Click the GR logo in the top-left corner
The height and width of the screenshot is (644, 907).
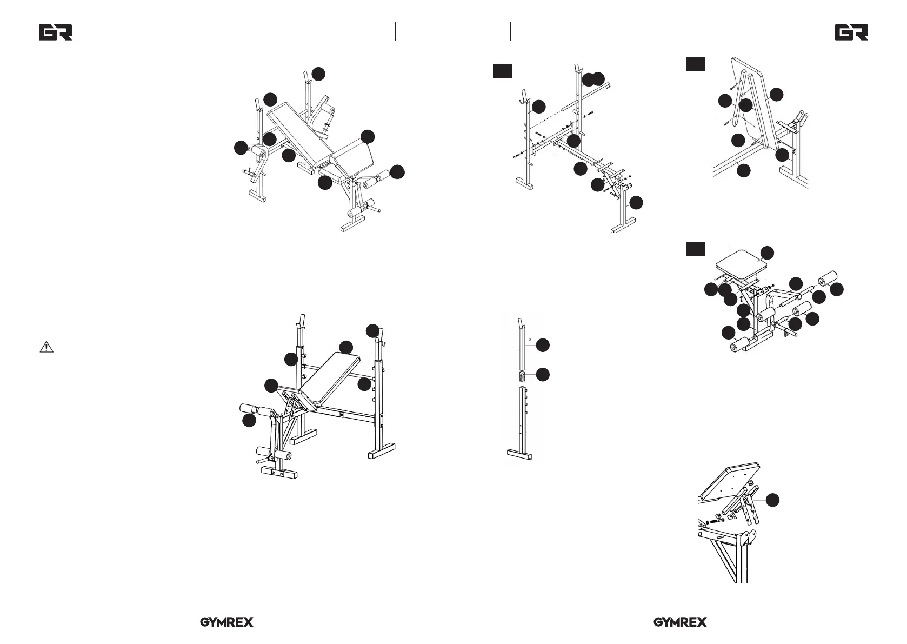(55, 33)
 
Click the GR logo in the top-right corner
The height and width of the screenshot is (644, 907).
(851, 33)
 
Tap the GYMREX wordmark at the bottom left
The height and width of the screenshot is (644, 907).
(226, 622)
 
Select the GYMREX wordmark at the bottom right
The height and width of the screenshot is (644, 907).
(680, 622)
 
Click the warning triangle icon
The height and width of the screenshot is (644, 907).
(46, 347)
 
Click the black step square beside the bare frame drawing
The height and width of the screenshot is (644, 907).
(502, 71)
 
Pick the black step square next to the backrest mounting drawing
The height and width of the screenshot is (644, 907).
(696, 64)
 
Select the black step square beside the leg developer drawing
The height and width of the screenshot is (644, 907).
(696, 249)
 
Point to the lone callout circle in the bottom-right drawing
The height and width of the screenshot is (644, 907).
(773, 500)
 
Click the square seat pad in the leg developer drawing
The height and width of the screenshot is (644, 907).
(741, 267)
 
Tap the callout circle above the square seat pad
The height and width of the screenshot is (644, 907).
(767, 253)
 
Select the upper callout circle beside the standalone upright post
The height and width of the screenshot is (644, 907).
(543, 345)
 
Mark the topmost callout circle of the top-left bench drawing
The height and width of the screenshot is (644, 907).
(319, 74)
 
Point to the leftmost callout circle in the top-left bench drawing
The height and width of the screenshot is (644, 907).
(241, 148)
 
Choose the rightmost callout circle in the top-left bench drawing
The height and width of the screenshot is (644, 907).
(397, 172)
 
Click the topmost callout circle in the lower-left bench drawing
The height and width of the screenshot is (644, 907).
(372, 330)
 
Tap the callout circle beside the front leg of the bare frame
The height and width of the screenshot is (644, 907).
(637, 203)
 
